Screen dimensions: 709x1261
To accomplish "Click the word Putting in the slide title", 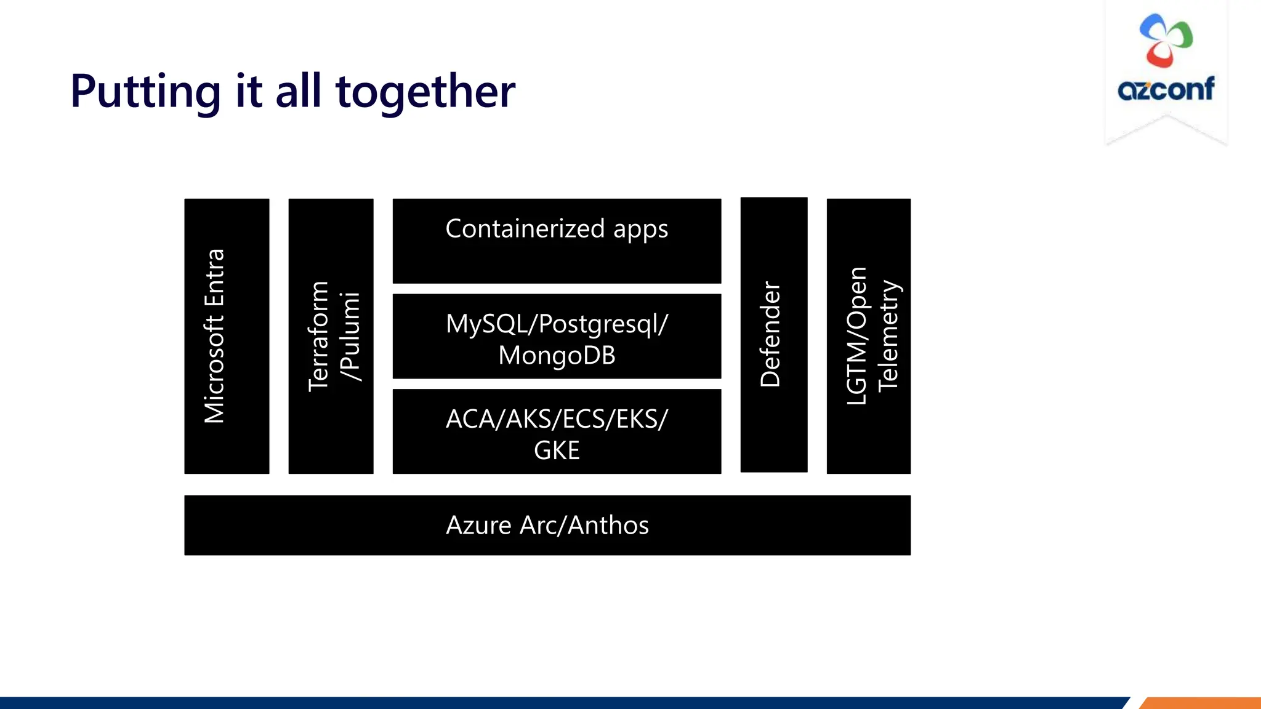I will point(145,92).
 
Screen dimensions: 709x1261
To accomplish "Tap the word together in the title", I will point(425,92).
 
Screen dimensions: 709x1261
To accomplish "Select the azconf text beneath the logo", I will point(1166,89).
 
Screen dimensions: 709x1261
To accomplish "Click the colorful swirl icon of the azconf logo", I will point(1166,40).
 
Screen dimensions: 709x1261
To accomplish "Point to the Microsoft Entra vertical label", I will point(215,336).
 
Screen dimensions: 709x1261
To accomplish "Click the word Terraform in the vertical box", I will point(318,336).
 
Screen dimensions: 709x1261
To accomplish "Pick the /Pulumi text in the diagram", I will point(350,336).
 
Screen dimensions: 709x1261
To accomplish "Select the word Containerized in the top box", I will point(525,229).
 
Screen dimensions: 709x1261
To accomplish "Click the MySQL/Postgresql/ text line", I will point(557,324).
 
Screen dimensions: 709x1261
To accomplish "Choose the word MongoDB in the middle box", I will point(557,356).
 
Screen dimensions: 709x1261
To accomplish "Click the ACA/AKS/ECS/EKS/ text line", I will point(557,419).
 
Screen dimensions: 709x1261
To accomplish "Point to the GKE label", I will point(557,451).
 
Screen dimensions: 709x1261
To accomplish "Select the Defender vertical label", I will point(770,334).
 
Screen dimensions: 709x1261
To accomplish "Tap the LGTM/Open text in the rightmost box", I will point(856,336).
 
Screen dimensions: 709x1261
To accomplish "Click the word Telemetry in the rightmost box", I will point(888,336).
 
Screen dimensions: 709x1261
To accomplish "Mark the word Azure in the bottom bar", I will point(478,526).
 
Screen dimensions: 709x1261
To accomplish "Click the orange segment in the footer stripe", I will point(1201,703).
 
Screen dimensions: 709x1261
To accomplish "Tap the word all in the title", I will point(298,92).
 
